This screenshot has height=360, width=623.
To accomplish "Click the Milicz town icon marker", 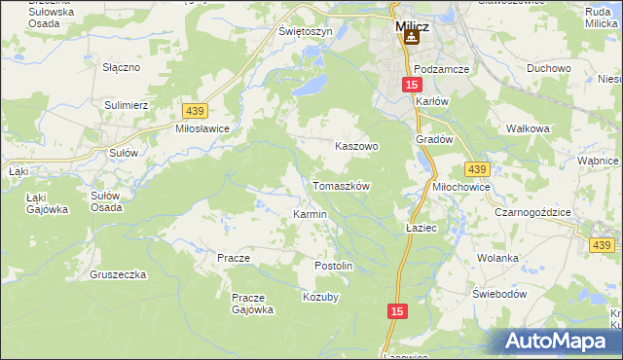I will pos(411,37).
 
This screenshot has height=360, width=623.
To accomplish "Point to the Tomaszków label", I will pos(341,185).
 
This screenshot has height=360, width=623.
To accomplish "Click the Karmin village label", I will pos(310,214).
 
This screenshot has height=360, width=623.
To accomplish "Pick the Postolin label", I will pos(332,266).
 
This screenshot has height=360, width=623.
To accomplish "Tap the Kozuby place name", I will pos(320,297).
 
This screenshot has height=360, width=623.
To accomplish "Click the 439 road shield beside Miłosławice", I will pos(194,112).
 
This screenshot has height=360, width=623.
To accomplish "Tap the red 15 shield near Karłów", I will pos(412,86).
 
